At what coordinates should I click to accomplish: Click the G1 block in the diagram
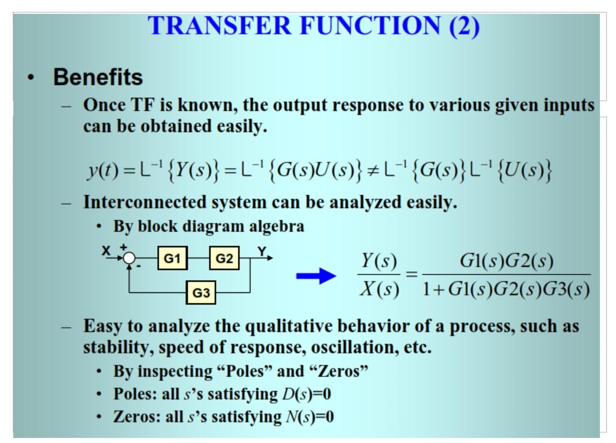[x=172, y=258]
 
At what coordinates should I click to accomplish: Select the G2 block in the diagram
[x=224, y=258]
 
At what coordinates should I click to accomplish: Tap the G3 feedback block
[x=201, y=293]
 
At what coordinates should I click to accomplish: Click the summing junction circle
[x=130, y=258]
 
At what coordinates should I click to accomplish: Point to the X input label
[x=106, y=251]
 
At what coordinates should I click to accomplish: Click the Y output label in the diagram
[x=262, y=251]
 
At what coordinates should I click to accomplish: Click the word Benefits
[x=98, y=77]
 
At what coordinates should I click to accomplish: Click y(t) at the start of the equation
[x=103, y=170]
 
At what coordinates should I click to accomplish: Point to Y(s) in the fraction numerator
[x=379, y=261]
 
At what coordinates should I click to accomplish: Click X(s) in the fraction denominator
[x=379, y=289]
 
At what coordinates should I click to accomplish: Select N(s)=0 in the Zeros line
[x=310, y=417]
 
